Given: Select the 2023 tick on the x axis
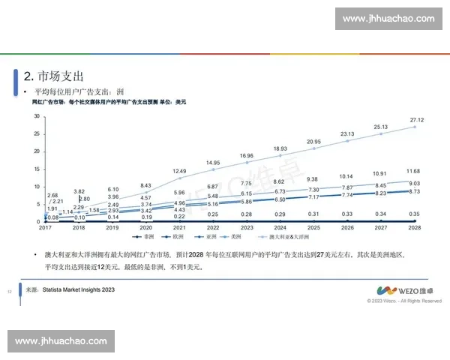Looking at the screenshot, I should point(247,227).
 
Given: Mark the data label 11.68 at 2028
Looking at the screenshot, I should point(412,172).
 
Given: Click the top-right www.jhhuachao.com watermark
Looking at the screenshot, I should point(388,18).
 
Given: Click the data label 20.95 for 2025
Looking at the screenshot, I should point(313,142).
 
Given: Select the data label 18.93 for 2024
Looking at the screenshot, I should point(280,148).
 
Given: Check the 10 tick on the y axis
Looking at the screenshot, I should point(35,187).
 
